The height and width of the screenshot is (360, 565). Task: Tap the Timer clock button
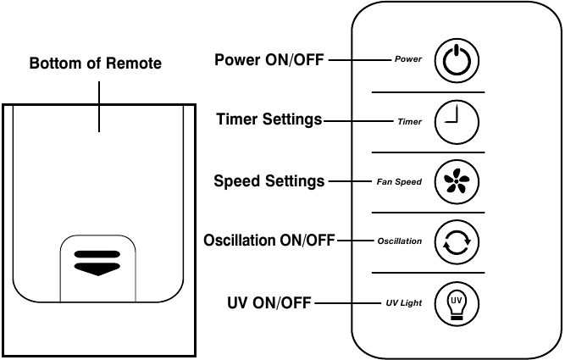point(457,122)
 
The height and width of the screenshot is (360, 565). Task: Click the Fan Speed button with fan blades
point(457,181)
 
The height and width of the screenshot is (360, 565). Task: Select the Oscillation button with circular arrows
point(457,242)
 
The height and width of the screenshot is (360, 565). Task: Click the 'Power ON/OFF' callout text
point(269,60)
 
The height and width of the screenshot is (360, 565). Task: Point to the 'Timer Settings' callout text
point(269,119)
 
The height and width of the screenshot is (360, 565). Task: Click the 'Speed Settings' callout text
point(269,181)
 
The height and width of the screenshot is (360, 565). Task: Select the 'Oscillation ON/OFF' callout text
point(269,241)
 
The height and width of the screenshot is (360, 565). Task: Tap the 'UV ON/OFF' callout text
point(269,302)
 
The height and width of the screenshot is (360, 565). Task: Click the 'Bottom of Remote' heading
point(96,64)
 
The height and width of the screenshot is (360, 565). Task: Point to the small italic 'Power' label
point(408,59)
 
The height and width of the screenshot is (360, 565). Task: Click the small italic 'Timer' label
point(409,122)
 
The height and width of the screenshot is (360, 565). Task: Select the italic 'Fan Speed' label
point(399,182)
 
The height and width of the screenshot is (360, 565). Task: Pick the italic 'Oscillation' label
point(399,241)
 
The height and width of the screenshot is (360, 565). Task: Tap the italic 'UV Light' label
point(403,303)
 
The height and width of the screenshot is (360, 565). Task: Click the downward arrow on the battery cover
point(97,269)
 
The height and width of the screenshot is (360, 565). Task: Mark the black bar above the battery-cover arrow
point(97,254)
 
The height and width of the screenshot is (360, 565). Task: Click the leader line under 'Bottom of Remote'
point(99,107)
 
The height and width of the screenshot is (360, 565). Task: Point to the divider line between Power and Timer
point(428,92)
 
